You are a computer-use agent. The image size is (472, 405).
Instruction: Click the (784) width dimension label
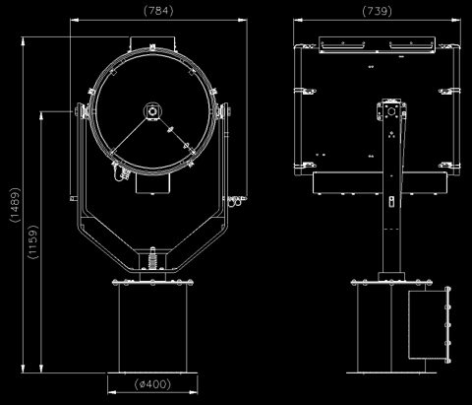coord(158,11)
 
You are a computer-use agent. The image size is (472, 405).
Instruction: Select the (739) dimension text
coord(377,11)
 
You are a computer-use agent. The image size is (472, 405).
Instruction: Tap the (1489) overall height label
coord(16,205)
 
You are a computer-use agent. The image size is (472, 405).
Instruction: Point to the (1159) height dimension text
coord(33,241)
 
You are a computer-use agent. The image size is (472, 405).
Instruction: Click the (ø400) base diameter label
coord(152,384)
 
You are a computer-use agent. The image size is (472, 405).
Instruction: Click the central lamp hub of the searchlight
coord(152,111)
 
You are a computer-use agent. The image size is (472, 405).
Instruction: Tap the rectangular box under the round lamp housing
coord(153,183)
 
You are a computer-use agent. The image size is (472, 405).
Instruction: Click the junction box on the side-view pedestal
coord(429,324)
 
